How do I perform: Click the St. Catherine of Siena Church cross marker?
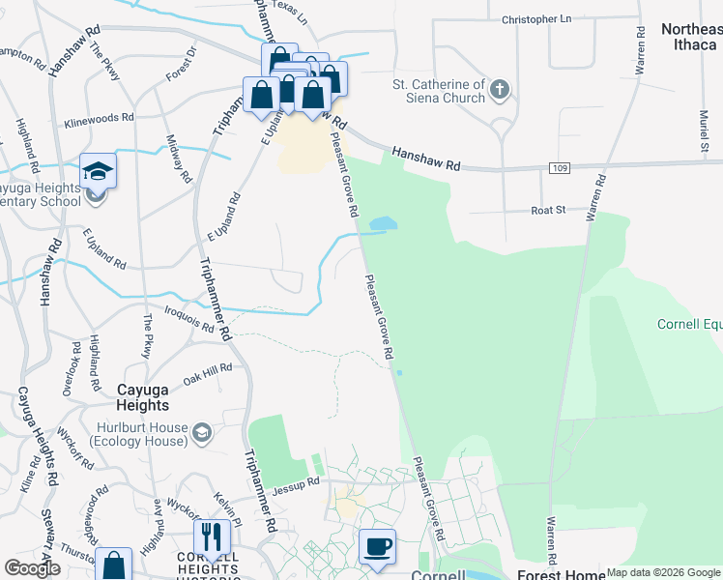(x=499, y=91)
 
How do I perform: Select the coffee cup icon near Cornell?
(x=377, y=547)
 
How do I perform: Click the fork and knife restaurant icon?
(x=212, y=537)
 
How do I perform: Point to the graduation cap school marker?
(x=98, y=171)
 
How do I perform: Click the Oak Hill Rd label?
(x=208, y=371)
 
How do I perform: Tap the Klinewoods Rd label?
(x=99, y=118)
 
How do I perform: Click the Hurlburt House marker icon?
(x=201, y=429)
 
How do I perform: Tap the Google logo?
(x=32, y=568)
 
